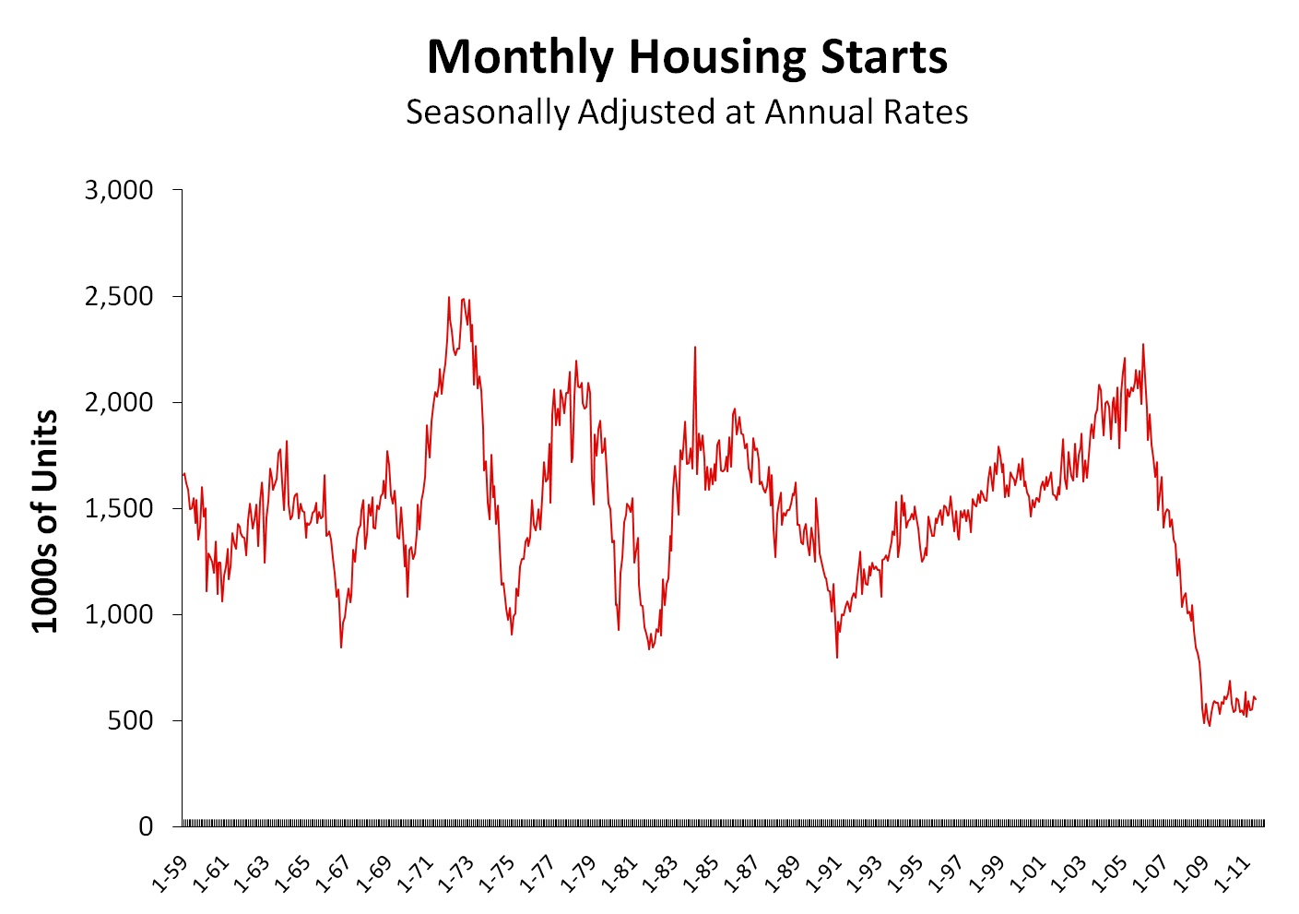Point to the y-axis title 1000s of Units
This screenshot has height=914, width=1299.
tap(45, 521)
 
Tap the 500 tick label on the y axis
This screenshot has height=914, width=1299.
tap(131, 721)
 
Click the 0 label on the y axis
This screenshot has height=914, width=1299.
tap(146, 827)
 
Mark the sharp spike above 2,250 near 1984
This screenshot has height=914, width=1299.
tap(695, 348)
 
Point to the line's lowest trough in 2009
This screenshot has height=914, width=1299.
tap(1209, 725)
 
